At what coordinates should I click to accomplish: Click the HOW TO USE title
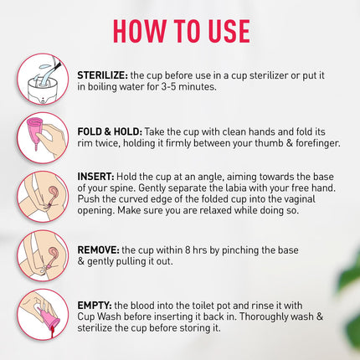(181, 31)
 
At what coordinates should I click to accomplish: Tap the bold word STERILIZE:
(102, 75)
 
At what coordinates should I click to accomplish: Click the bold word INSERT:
(96, 177)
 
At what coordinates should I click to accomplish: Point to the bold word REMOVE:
(98, 249)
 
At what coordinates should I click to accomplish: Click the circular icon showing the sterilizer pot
(42, 80)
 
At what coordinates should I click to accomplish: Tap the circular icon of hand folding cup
(42, 138)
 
